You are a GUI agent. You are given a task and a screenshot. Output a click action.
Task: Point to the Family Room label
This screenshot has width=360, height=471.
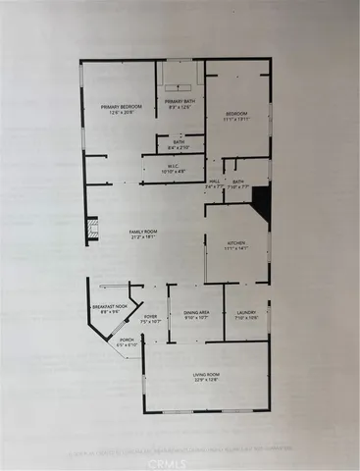click(144, 232)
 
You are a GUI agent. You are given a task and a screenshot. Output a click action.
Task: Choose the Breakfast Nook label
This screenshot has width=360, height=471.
click(111, 308)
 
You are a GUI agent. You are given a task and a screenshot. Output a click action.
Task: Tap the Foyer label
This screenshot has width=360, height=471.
click(150, 317)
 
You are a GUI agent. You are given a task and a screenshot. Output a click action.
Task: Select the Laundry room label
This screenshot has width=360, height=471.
click(245, 313)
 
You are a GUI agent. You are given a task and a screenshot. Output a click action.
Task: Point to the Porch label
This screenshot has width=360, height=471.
click(127, 340)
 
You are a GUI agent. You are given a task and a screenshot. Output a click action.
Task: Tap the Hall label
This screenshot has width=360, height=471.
click(215, 182)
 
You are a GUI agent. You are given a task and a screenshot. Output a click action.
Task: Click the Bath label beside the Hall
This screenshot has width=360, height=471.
click(238, 182)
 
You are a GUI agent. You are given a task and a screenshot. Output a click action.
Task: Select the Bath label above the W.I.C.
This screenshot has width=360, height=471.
click(180, 141)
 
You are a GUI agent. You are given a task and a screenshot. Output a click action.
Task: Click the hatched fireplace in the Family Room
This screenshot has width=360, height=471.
click(94, 229)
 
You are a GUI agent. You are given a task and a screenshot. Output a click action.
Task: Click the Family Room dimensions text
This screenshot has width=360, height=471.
click(144, 237)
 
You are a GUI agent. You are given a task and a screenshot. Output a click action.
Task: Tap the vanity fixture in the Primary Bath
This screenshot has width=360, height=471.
click(181, 74)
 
